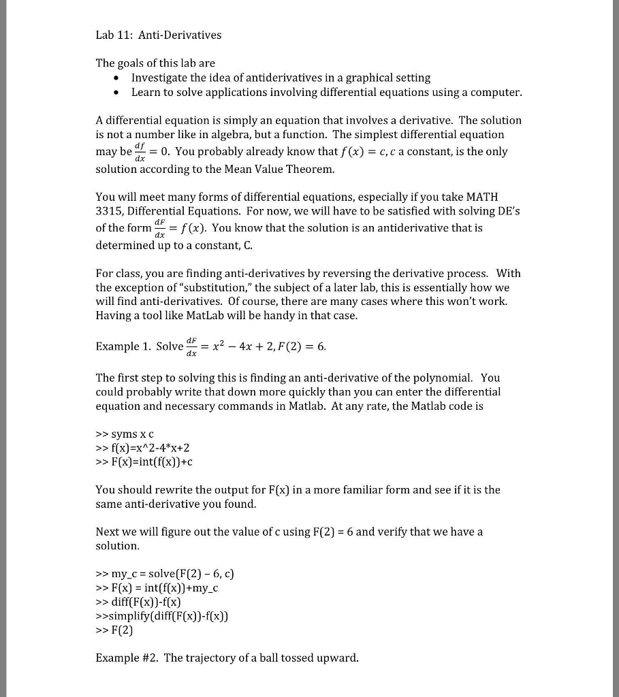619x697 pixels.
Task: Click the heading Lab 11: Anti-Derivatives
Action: (x=158, y=35)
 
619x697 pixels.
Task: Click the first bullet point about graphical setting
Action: (x=281, y=78)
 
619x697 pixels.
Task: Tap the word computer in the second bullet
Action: (x=498, y=92)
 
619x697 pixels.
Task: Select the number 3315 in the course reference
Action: (x=110, y=212)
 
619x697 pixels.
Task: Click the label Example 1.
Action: (x=123, y=346)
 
